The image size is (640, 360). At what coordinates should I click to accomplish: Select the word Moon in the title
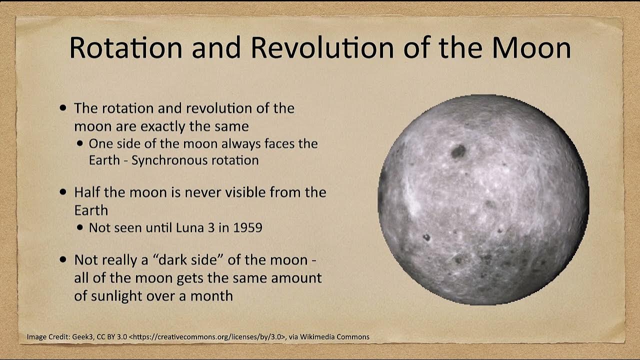tap(531, 47)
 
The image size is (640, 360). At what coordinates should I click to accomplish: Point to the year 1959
tap(247, 227)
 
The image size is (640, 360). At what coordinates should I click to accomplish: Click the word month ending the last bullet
tap(211, 295)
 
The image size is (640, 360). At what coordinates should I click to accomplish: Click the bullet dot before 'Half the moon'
tap(62, 192)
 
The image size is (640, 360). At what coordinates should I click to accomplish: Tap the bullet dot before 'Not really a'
tap(62, 260)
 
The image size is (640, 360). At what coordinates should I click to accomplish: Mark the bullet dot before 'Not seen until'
tap(81, 228)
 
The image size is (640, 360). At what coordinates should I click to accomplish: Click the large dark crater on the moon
tap(458, 151)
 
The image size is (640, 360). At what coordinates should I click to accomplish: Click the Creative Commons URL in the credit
tap(206, 337)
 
